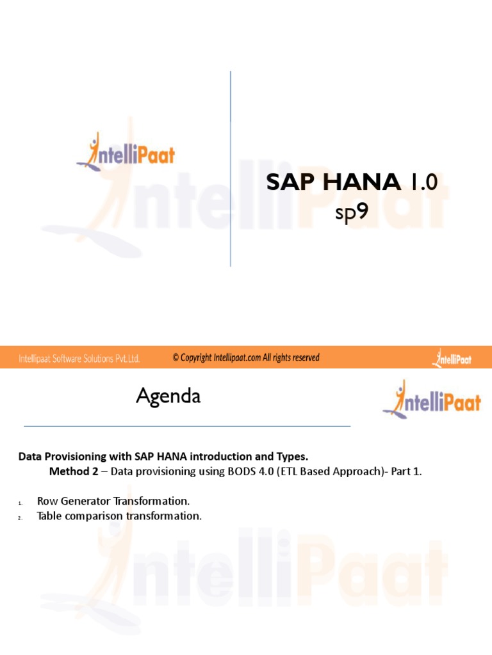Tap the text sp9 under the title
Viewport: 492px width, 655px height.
tap(352, 212)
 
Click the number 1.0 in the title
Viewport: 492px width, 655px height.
tap(422, 184)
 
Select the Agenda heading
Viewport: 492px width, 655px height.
tap(168, 397)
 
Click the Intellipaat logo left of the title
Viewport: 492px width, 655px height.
tap(126, 152)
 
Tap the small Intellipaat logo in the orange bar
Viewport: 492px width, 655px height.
tap(452, 358)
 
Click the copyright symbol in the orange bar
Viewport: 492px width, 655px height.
tap(176, 358)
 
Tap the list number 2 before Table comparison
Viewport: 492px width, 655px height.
tap(20, 517)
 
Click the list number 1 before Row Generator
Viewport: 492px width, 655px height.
tap(20, 501)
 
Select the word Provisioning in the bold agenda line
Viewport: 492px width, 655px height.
tap(71, 457)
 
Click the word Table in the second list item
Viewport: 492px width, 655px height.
tap(49, 516)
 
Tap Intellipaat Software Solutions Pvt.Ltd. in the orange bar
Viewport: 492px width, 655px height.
tap(79, 358)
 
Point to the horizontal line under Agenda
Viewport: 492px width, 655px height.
tap(187, 425)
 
